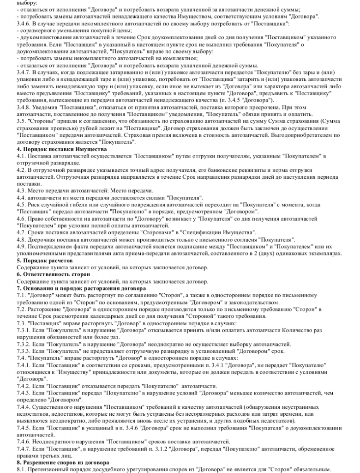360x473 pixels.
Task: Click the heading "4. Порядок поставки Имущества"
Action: (61, 150)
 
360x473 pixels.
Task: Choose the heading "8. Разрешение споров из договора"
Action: (63, 462)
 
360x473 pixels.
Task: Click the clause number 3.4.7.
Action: (23, 72)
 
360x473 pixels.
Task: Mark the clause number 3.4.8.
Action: (23, 105)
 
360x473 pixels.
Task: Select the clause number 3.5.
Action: (20, 119)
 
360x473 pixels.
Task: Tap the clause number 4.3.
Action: (20, 191)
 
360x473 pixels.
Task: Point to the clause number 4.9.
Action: (20, 247)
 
